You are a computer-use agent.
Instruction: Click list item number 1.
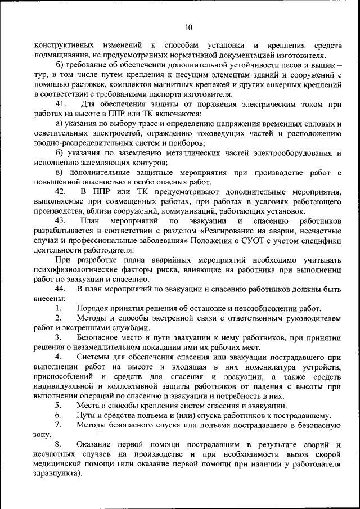(x=58, y=309)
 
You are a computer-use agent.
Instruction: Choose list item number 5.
(x=58, y=406)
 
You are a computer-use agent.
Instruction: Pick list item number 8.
(x=58, y=445)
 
